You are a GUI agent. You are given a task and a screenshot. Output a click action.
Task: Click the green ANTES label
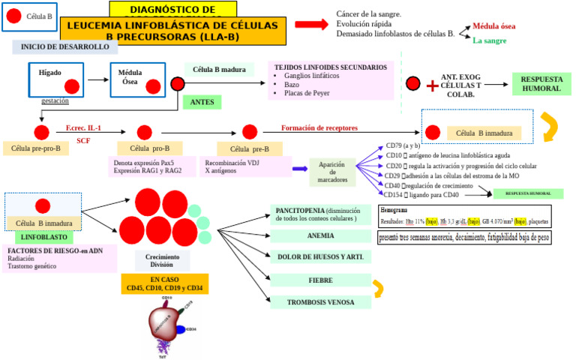(202, 102)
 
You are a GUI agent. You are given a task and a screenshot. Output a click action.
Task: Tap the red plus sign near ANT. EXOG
(432, 86)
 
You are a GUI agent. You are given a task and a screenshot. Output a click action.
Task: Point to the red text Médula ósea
(493, 26)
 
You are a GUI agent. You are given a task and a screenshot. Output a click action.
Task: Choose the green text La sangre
(489, 40)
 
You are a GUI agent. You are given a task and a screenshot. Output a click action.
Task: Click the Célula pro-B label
(150, 148)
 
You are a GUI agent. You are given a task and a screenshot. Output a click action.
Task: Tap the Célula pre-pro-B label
(35, 148)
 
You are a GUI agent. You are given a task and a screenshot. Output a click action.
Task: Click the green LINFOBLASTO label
(44, 237)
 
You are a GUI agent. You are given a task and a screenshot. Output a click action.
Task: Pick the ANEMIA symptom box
(320, 235)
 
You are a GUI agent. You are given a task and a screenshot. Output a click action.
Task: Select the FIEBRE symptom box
(320, 280)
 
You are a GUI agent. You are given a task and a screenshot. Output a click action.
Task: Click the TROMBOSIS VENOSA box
(320, 302)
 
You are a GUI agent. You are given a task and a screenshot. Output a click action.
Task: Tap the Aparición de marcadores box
(332, 172)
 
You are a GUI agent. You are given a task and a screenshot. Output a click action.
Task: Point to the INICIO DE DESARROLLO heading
(64, 47)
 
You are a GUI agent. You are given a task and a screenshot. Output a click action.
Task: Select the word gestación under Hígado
(55, 100)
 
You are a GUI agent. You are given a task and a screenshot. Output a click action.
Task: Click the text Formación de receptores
(319, 128)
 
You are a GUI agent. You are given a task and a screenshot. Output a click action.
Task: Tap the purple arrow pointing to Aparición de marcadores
(300, 169)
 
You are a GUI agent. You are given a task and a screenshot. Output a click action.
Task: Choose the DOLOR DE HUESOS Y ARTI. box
(320, 257)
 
